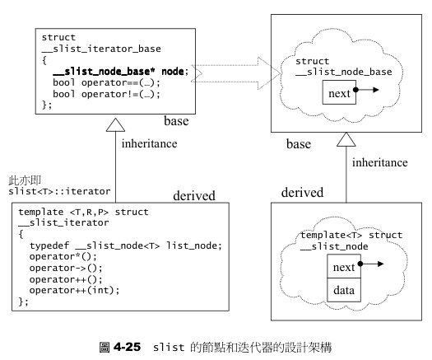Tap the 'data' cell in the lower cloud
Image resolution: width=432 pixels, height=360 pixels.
[x=345, y=288]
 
